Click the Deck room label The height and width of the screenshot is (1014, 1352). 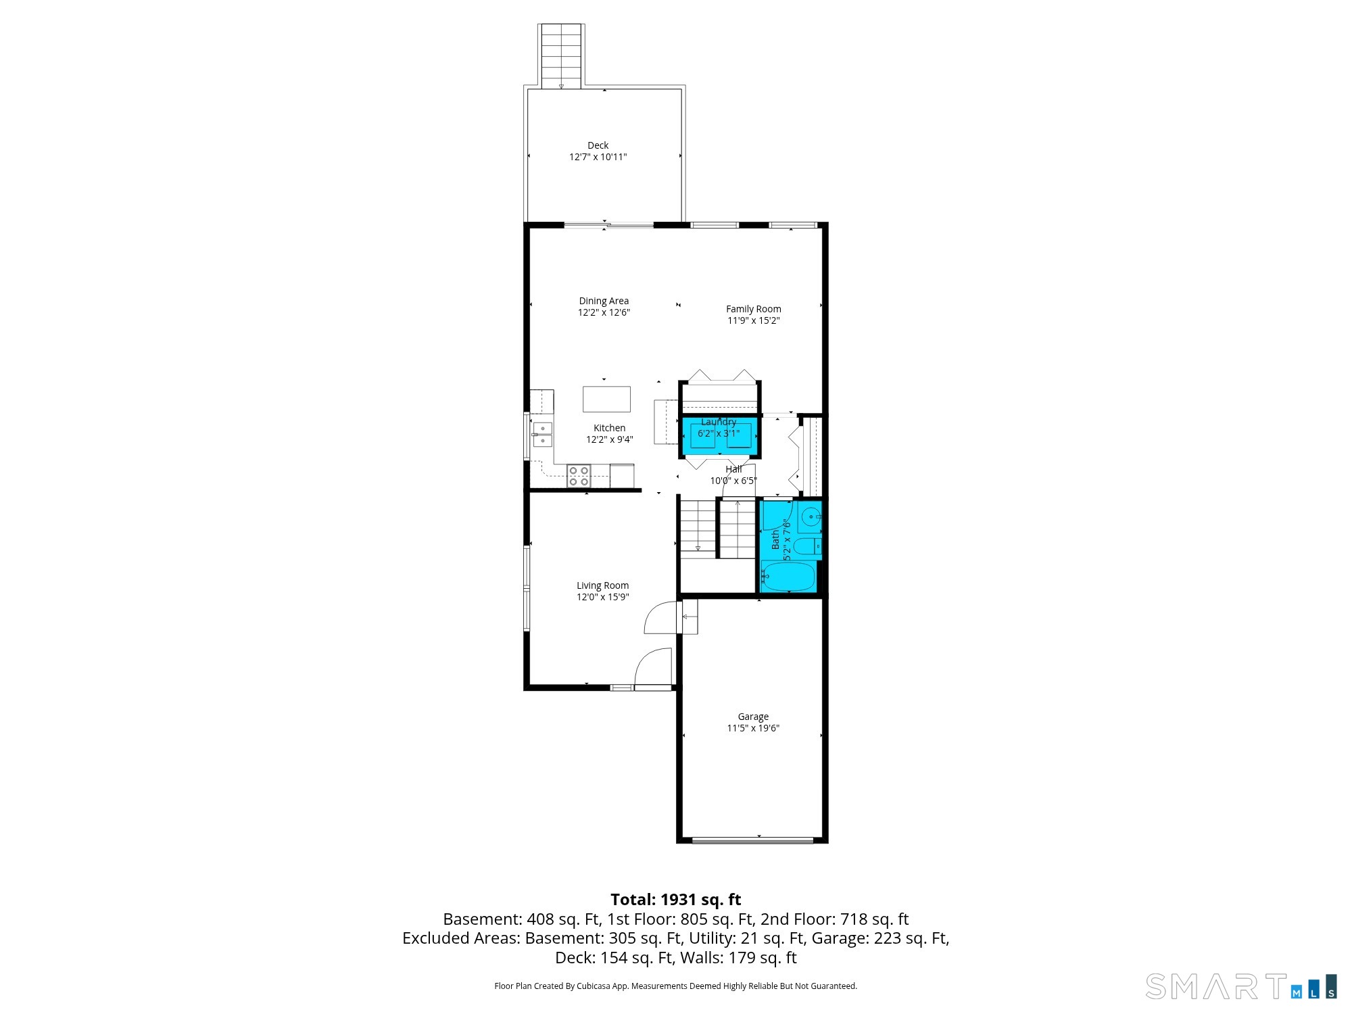(598, 145)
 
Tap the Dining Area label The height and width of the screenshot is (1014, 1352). (604, 301)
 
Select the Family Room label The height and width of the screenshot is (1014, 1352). (753, 309)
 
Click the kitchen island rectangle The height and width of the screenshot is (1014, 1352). (606, 399)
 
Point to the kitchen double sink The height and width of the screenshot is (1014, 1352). (542, 434)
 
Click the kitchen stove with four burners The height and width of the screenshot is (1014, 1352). (579, 476)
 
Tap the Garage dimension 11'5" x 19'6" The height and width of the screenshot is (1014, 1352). (753, 728)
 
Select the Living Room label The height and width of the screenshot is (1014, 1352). (602, 585)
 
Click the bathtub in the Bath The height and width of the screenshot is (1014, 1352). (788, 576)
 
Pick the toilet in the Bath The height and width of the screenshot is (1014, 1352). (808, 546)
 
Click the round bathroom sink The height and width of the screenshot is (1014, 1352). (810, 518)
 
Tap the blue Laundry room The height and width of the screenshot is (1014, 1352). (719, 437)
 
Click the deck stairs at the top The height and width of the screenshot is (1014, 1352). (561, 57)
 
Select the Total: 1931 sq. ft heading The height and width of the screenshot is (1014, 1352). (676, 900)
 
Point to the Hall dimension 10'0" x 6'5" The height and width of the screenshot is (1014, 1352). (733, 481)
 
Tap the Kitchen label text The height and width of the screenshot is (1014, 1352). (609, 428)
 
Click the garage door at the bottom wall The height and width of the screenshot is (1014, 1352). (752, 840)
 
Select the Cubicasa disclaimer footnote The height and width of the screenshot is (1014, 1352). (676, 986)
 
